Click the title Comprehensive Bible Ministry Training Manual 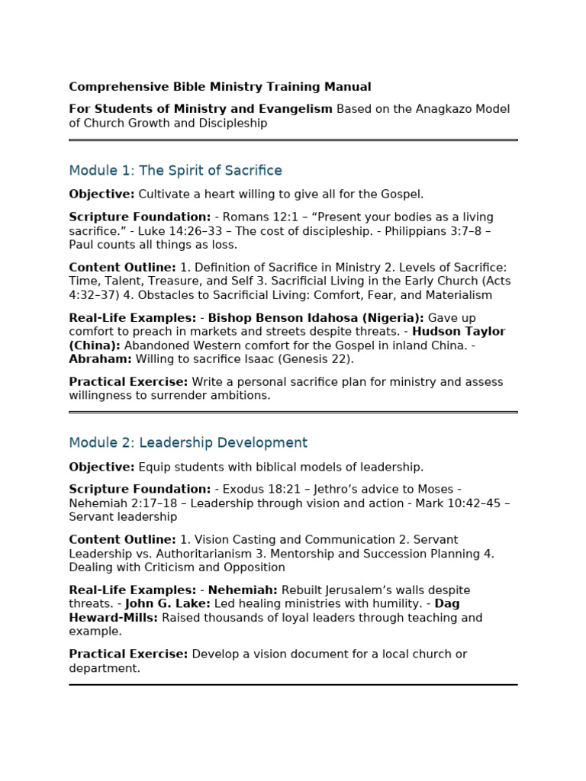click(x=220, y=87)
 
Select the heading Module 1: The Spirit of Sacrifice click(x=175, y=171)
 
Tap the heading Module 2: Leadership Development click(x=188, y=443)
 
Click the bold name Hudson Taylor click(x=459, y=332)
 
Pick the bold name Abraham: click(x=100, y=359)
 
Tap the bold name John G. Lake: click(x=179, y=604)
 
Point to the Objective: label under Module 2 click(x=101, y=467)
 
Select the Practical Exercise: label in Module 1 click(x=128, y=381)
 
